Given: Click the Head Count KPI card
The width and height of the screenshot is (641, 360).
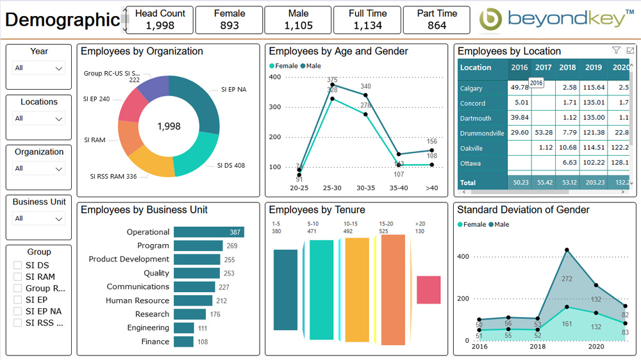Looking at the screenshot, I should pyautogui.click(x=160, y=20).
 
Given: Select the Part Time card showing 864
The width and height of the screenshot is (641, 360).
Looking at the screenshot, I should pyautogui.click(x=437, y=20).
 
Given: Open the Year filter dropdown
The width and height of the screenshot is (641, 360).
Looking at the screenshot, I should pyautogui.click(x=39, y=68).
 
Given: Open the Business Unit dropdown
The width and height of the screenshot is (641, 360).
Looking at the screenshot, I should pyautogui.click(x=39, y=218).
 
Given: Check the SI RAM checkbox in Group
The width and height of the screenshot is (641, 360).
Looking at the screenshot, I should pyautogui.click(x=18, y=277).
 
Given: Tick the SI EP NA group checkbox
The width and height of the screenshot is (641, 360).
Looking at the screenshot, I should pyautogui.click(x=18, y=311).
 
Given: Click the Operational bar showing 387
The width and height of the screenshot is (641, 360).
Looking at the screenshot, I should pyautogui.click(x=208, y=232).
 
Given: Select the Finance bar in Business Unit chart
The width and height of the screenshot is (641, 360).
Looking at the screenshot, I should pyautogui.click(x=183, y=341).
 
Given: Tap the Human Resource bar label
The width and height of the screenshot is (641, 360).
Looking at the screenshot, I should pyautogui.click(x=137, y=300).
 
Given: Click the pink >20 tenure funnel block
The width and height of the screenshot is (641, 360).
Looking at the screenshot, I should pyautogui.click(x=428, y=290).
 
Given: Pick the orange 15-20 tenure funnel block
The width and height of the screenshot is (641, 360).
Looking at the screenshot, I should pyautogui.click(x=393, y=281).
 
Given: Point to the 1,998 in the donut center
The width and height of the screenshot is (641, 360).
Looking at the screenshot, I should pyautogui.click(x=169, y=127).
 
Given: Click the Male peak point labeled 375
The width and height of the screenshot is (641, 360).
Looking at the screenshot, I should pyautogui.click(x=332, y=85).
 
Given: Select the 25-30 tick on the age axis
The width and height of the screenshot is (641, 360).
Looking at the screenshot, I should pyautogui.click(x=332, y=188).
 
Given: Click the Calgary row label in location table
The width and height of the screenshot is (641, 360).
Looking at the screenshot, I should pyautogui.click(x=471, y=88).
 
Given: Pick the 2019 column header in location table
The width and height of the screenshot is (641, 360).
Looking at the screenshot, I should pyautogui.click(x=594, y=68).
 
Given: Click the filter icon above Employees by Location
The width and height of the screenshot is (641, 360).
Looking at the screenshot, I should pyautogui.click(x=616, y=51).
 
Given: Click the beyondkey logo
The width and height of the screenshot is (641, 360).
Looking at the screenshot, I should pyautogui.click(x=553, y=20).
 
